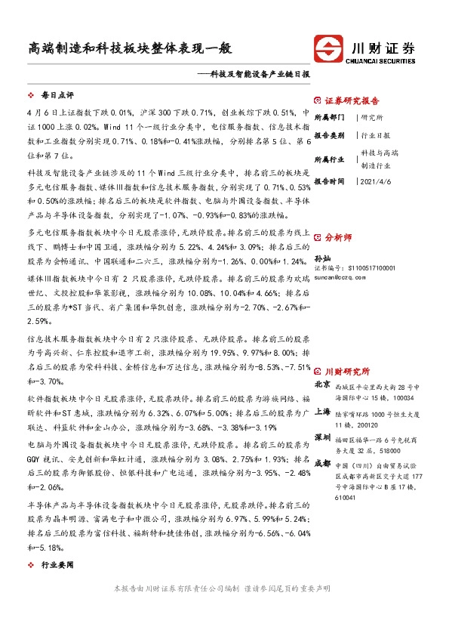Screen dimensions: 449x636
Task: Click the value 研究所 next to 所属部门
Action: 372,118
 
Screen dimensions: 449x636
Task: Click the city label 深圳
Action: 322,437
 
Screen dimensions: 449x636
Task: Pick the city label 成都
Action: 322,462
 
